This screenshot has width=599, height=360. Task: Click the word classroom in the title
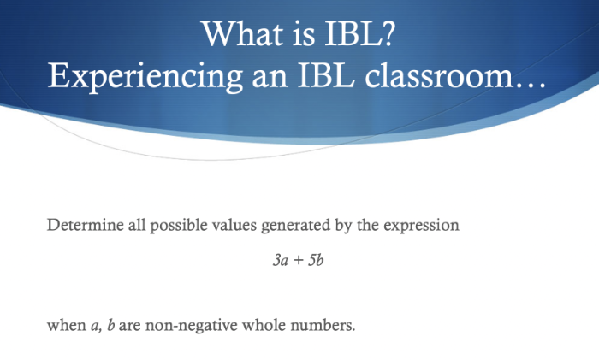pyautogui.click(x=438, y=75)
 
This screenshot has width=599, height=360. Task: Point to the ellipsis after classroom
pyautogui.click(x=530, y=85)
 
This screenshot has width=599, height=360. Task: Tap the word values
pyautogui.click(x=234, y=225)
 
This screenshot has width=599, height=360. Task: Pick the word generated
pyautogui.click(x=296, y=226)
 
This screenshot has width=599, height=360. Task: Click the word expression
pyautogui.click(x=421, y=227)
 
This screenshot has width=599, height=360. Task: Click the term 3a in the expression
pyautogui.click(x=281, y=260)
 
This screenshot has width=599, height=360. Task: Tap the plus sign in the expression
pyautogui.click(x=299, y=261)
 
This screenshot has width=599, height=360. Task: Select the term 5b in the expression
pyautogui.click(x=316, y=260)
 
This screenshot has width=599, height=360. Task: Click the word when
pyautogui.click(x=67, y=325)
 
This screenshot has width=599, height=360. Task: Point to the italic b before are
pyautogui.click(x=110, y=325)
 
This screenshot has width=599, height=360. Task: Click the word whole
pyautogui.click(x=264, y=325)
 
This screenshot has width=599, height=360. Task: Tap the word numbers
pyautogui.click(x=323, y=325)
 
